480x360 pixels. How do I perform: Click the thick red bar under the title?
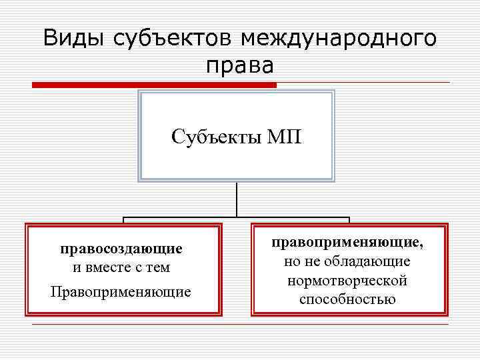point(154,85)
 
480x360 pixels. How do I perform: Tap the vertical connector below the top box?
point(237,199)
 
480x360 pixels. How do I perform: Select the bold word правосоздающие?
point(121,249)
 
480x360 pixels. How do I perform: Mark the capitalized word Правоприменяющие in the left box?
point(121,292)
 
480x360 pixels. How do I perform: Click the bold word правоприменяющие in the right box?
point(346,243)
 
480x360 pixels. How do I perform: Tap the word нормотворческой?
point(347,281)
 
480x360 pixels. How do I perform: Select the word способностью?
point(347,299)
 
